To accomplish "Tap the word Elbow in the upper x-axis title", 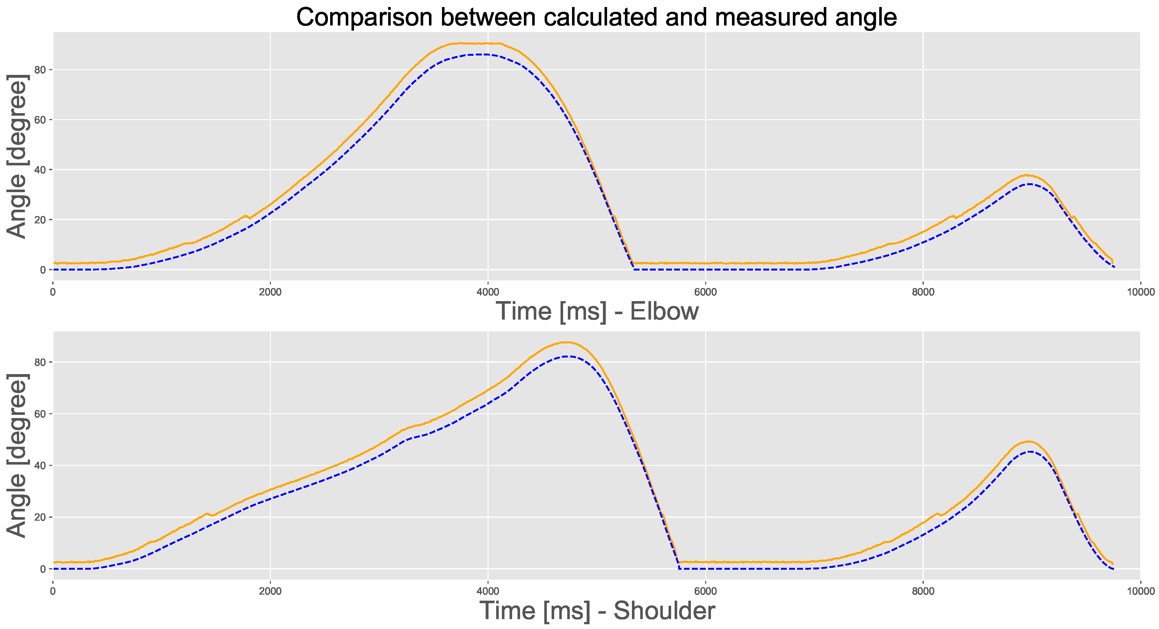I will [x=664, y=311].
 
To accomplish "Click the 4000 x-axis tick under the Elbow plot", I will [x=488, y=292].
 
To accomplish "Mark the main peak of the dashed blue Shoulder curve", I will [x=568, y=356].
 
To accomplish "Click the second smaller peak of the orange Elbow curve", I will [x=1027, y=175].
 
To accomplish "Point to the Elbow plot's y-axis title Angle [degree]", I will [x=17, y=156].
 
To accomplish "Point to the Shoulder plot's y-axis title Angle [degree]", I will [x=17, y=455].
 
